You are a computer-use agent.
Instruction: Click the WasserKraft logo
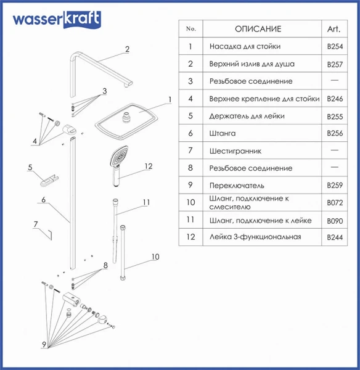[57, 20]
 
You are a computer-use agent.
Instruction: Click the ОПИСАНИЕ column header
[258, 29]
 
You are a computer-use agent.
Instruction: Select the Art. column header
[334, 29]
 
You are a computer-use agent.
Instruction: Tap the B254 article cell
[335, 46]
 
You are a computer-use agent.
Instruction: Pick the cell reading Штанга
[223, 133]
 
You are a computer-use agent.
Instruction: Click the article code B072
[335, 203]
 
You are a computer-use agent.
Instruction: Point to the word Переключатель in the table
[237, 186]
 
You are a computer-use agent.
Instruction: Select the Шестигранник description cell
[235, 151]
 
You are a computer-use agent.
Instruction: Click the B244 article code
[335, 237]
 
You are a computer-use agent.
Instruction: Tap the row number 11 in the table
[190, 220]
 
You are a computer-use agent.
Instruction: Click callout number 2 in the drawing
[127, 49]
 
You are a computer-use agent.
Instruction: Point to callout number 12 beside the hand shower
[149, 166]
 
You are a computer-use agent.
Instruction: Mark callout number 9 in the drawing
[44, 344]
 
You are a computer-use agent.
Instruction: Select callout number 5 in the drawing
[30, 167]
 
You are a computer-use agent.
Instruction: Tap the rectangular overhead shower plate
[126, 121]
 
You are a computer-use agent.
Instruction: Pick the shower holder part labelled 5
[49, 181]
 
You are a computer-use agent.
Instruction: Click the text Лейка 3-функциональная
[255, 237]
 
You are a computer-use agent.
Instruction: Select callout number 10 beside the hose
[155, 257]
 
